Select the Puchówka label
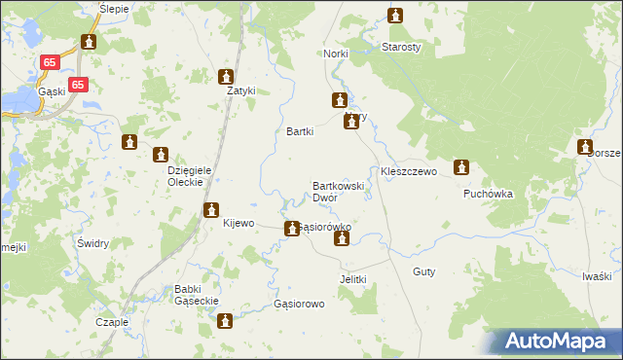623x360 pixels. pos(488,194)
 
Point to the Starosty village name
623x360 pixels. pos(400,47)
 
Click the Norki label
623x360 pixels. pos(336,54)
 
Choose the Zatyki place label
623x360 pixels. pos(240,91)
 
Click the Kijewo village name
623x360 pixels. pos(238,223)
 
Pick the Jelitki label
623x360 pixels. pos(352,279)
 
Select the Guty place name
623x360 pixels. pos(423,272)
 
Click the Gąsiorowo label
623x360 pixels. pos(299,304)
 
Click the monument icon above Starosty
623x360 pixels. pos(395,16)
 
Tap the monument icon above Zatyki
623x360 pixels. pos(227,77)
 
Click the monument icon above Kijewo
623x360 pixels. pos(211,209)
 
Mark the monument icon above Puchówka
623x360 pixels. pos(462,167)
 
